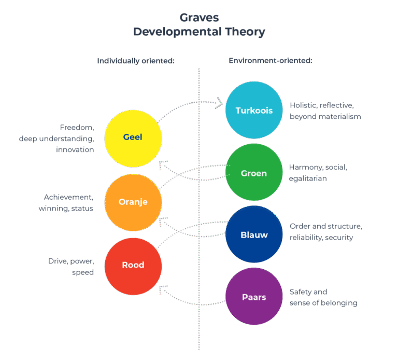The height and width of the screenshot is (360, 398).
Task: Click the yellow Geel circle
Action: (133, 138)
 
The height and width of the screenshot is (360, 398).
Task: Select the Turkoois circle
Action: (254, 110)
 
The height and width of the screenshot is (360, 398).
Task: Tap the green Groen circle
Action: (254, 173)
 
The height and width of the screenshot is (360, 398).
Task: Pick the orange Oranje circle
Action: (133, 202)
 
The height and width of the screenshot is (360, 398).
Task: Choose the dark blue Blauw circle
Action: (254, 234)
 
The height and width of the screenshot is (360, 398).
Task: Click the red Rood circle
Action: (133, 265)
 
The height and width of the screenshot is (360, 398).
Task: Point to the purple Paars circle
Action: (254, 297)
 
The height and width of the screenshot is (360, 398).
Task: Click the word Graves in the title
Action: (199, 18)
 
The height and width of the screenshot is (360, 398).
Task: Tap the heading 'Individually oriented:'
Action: (135, 61)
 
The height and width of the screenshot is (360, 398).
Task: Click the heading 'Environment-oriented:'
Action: (270, 61)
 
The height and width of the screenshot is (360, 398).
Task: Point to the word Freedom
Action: (77, 128)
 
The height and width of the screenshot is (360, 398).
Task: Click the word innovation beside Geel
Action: (75, 149)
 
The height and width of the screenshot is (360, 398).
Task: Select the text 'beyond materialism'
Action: (325, 116)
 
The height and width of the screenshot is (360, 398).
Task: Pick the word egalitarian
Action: (307, 178)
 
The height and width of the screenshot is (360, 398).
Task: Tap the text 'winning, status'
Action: (66, 209)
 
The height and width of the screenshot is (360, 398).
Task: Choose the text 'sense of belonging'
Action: (323, 303)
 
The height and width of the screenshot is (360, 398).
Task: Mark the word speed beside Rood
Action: (83, 272)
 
